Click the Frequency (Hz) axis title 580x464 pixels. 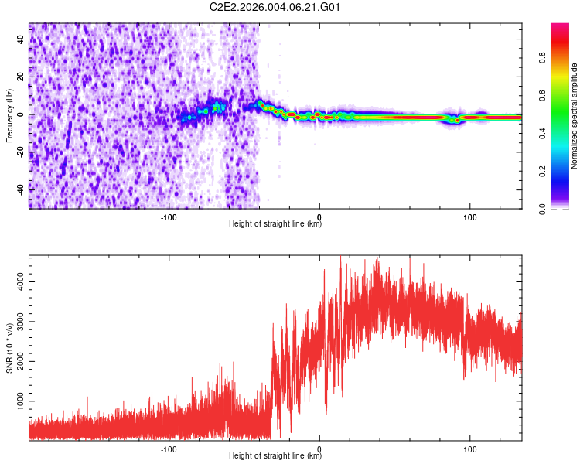click(x=9, y=116)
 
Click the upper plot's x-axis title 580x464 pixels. click(x=275, y=224)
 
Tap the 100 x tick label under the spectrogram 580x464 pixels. click(x=469, y=217)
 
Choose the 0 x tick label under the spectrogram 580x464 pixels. click(x=319, y=217)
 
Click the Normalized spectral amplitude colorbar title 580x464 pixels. click(x=575, y=116)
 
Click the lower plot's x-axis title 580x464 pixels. click(x=275, y=456)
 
